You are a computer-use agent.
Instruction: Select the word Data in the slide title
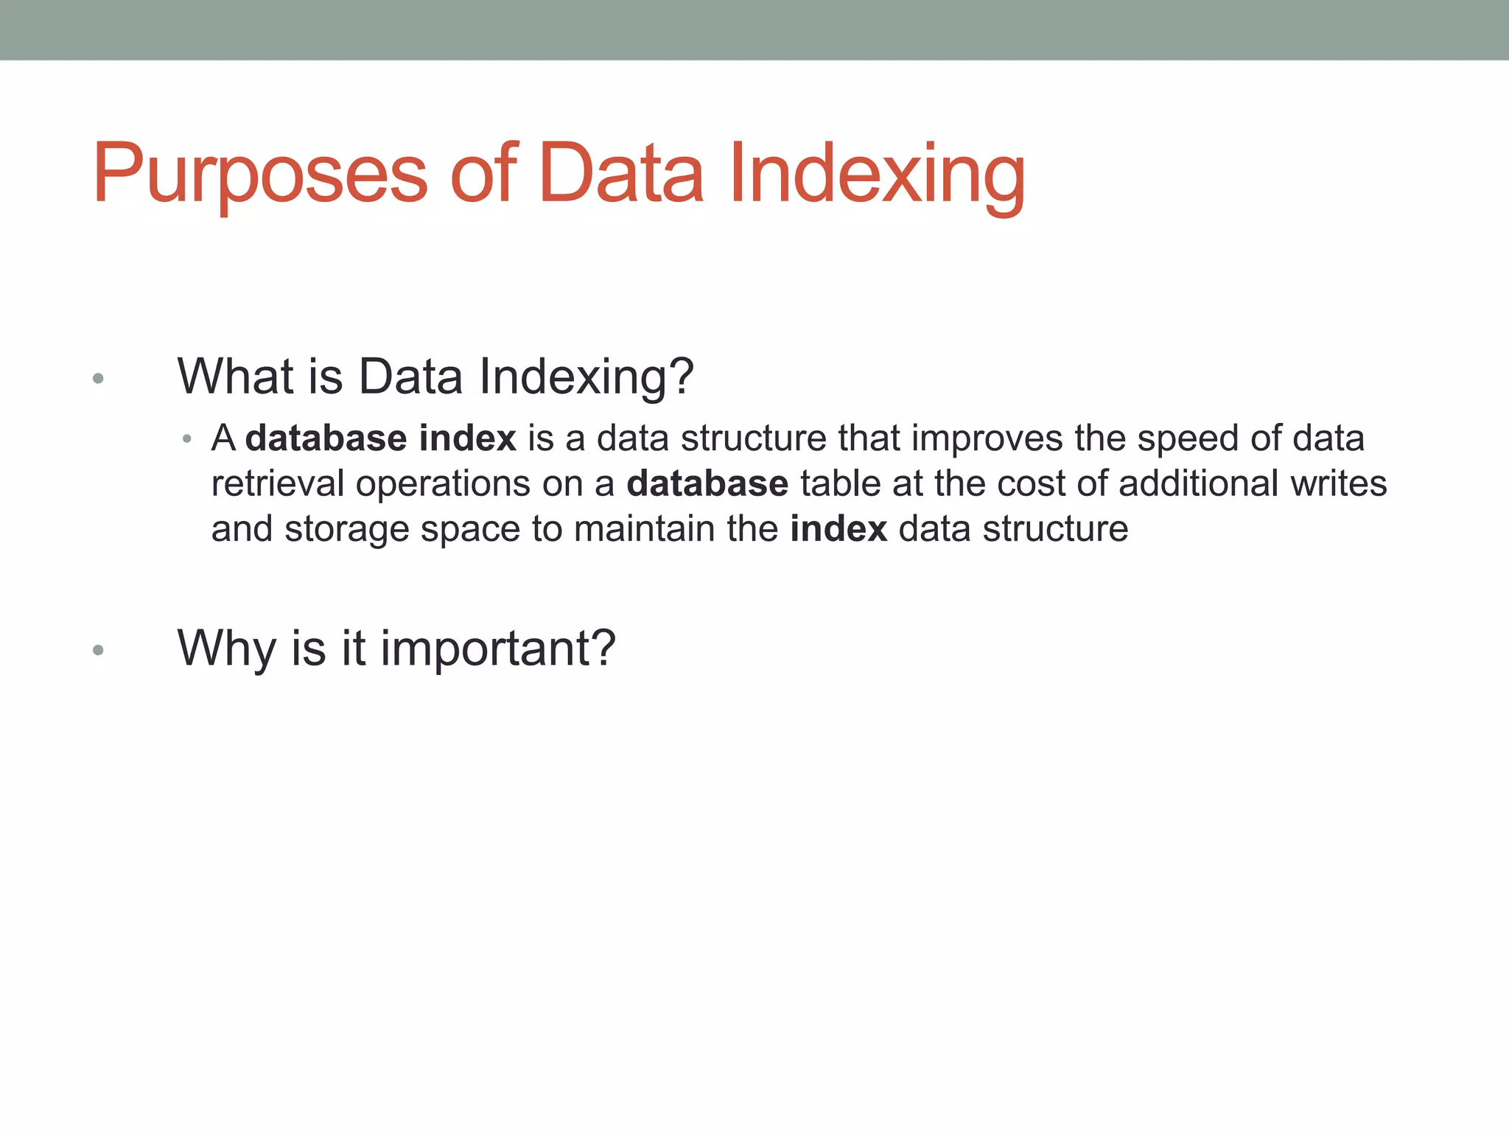coord(621,174)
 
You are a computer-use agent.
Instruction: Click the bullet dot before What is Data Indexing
coord(98,380)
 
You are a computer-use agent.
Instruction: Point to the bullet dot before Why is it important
coord(98,650)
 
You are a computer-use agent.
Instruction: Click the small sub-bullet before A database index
coord(187,440)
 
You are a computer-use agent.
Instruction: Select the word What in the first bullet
coord(236,377)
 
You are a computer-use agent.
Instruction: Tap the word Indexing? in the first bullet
coord(587,377)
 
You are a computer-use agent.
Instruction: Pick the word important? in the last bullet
coord(497,649)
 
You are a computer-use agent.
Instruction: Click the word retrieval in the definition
coord(277,484)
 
